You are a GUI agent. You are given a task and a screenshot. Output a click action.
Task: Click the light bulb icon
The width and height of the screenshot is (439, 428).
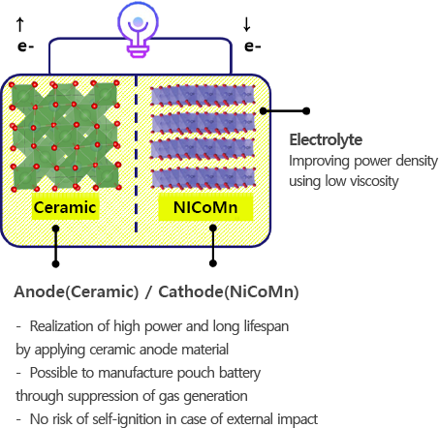pos(138,29)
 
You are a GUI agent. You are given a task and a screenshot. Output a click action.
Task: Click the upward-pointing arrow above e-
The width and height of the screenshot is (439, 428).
pos(20,24)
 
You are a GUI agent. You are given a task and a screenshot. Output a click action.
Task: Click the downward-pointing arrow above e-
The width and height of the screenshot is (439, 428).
pos(247,24)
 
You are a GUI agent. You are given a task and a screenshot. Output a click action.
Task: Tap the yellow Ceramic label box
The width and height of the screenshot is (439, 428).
pos(65,207)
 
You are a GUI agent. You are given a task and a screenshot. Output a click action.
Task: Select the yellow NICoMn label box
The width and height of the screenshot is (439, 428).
pos(205,207)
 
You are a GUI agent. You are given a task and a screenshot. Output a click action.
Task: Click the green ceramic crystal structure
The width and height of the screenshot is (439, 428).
pos(65,136)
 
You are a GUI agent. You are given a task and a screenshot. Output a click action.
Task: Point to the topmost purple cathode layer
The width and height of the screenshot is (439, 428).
pos(203,95)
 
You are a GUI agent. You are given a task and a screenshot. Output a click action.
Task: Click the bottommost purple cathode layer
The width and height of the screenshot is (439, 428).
pos(203,178)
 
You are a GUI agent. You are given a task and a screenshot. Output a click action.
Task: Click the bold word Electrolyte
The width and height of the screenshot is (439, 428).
pos(326,140)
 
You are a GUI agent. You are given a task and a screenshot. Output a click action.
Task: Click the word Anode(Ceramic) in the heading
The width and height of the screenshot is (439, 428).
pos(77,291)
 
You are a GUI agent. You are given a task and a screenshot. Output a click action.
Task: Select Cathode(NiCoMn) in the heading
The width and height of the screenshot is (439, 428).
pos(229,291)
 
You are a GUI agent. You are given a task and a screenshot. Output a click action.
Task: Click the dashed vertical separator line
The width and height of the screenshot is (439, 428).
pos(136,154)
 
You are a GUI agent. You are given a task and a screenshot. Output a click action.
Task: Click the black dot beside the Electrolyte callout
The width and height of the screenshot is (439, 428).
pos(306,111)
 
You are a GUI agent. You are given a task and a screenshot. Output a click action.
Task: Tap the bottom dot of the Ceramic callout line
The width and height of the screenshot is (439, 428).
pos(55,264)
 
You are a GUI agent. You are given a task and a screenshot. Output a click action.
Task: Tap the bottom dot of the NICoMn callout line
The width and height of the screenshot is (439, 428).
pos(213,263)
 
